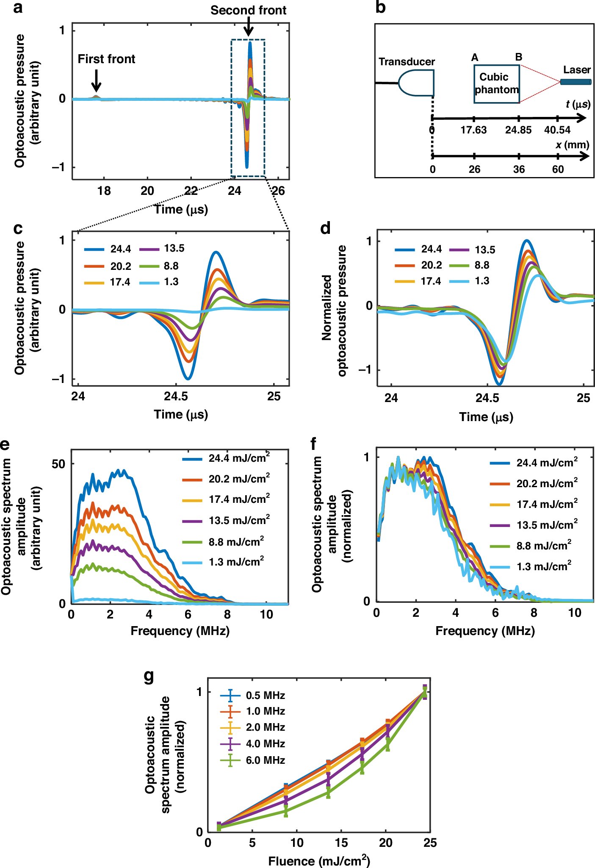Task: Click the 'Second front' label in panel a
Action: [248, 11]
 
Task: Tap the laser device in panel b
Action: [576, 81]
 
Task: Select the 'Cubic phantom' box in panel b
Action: [496, 84]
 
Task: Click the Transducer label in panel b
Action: [407, 62]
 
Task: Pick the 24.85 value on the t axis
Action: [518, 130]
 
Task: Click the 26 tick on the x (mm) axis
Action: [474, 169]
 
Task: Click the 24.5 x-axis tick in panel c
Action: [176, 397]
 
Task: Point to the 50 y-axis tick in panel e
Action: [58, 464]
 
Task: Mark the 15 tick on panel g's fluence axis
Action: [341, 843]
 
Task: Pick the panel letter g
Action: [149, 676]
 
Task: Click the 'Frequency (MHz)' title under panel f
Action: [485, 631]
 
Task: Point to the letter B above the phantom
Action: [519, 57]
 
